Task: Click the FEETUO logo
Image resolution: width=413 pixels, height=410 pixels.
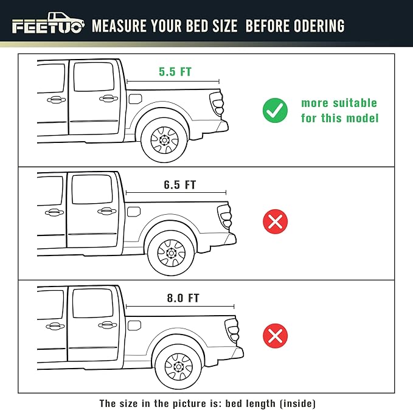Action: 47,25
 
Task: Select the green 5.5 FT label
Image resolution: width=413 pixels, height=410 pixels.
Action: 175,72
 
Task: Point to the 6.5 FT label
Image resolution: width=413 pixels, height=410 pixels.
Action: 179,185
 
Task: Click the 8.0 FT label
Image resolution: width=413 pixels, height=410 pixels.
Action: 182,298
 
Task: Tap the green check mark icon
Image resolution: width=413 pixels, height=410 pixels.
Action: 275,110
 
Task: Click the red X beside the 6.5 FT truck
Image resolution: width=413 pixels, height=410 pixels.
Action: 275,221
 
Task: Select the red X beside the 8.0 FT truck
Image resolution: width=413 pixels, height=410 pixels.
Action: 275,335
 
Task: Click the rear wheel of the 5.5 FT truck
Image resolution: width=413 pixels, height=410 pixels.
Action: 164,139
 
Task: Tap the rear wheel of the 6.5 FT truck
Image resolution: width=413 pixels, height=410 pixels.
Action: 170,252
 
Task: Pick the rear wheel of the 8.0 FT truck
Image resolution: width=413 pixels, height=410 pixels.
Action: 178,366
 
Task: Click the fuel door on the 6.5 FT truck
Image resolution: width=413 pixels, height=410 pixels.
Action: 134,211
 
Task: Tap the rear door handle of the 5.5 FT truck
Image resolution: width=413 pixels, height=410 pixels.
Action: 106,98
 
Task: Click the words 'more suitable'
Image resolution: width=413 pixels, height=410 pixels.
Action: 339,103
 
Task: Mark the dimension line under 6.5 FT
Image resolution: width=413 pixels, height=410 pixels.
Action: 176,193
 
